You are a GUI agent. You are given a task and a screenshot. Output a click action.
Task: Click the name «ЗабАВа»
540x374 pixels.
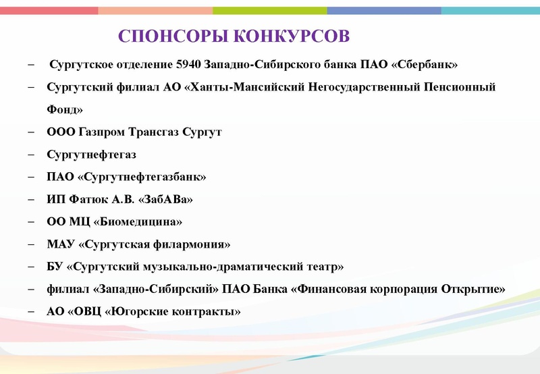(x=162, y=199)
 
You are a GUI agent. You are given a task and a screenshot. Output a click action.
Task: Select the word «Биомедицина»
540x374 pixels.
(x=142, y=221)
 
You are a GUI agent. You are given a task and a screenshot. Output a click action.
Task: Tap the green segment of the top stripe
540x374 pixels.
(x=270, y=10)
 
